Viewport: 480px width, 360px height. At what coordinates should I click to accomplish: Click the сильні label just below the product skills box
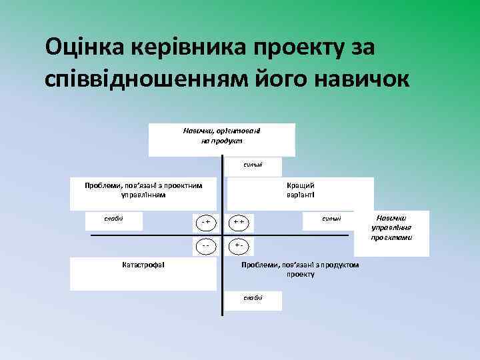pos(253,165)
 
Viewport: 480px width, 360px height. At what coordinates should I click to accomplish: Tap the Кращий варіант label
pos(301,190)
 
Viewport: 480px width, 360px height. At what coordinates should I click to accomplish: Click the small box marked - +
pos(206,221)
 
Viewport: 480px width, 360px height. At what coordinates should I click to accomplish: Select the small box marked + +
pos(240,221)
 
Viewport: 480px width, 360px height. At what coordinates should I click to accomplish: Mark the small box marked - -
pos(206,245)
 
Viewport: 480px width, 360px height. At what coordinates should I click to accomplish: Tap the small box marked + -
pos(240,245)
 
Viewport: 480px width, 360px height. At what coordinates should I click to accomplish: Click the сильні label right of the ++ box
pos(331,219)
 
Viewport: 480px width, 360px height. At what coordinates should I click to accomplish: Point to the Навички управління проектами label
pos(391,228)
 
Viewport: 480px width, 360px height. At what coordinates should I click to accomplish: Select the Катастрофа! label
pos(143,265)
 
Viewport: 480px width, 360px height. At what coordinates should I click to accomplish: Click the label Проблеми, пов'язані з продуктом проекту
pos(301,269)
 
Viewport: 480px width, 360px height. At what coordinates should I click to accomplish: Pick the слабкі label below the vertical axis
pos(253,298)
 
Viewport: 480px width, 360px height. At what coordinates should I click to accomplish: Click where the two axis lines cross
pos(222,235)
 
